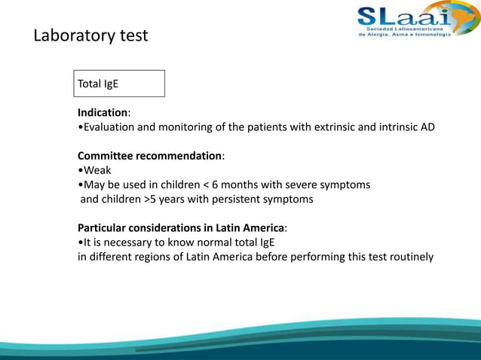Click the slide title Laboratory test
[x=90, y=35]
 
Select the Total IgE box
[x=120, y=84]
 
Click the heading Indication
[x=103, y=112]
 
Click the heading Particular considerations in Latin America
[x=182, y=227]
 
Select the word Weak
[x=97, y=170]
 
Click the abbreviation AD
[x=427, y=127]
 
